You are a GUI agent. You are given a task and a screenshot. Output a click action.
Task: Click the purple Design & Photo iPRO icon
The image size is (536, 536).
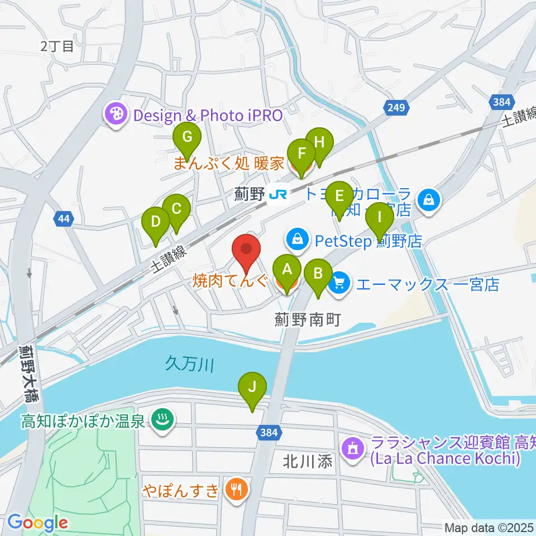pyautogui.click(x=117, y=116)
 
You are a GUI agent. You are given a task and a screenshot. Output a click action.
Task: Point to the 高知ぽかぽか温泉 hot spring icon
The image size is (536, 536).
pyautogui.click(x=162, y=420)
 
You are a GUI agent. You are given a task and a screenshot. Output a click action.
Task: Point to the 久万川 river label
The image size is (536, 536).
pyautogui.click(x=190, y=366)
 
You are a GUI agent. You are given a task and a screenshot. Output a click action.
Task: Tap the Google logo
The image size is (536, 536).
pyautogui.click(x=37, y=523)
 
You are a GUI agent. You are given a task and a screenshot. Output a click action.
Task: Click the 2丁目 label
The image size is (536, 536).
pyautogui.click(x=57, y=46)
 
